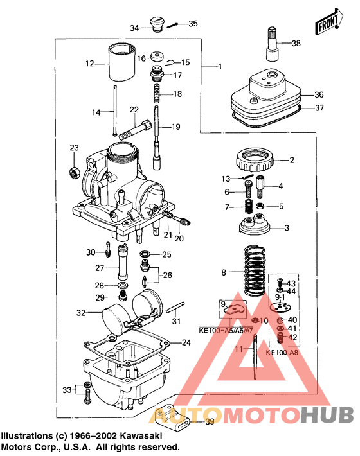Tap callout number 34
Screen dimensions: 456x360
134,28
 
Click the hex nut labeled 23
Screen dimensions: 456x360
75,172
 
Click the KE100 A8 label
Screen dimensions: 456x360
283,353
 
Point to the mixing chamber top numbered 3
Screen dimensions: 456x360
256,225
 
